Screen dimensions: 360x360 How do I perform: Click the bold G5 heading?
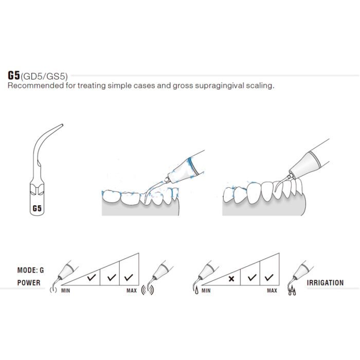pos(13,75)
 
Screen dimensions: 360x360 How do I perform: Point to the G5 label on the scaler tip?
pos(37,209)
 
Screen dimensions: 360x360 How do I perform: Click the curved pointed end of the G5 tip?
pos(60,125)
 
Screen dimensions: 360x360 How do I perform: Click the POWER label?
pos(29,282)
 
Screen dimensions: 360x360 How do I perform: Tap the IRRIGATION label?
pos(325,282)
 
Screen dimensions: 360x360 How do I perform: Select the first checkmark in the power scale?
pos(91,278)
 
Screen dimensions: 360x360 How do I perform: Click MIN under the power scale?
pos(65,291)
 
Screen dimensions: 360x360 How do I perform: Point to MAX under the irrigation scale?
pos(272,291)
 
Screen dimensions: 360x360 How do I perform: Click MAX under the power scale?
pos(132,291)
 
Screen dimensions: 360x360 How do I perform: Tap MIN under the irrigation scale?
pos(206,291)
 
